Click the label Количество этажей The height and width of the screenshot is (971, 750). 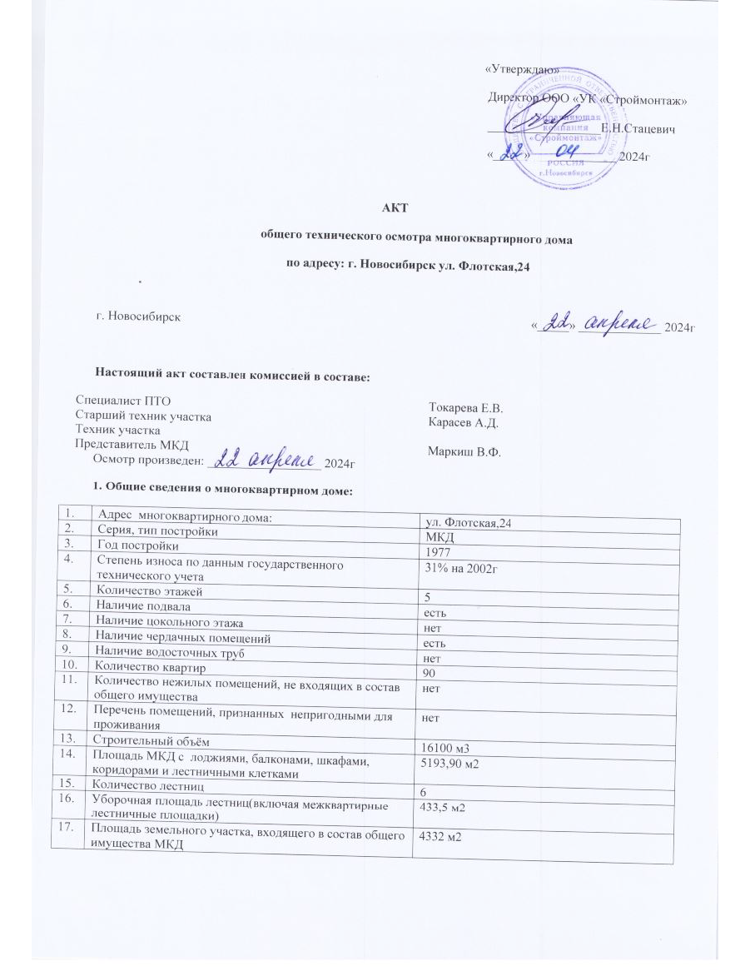point(148,590)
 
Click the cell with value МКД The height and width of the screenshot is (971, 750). point(436,537)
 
